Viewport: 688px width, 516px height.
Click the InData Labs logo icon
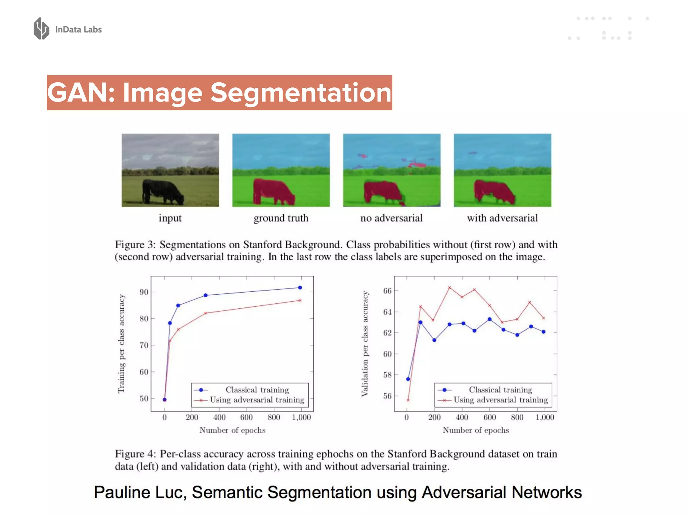pyautogui.click(x=41, y=29)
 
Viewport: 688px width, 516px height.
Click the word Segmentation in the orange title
pyautogui.click(x=301, y=93)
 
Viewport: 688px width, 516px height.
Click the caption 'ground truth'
pyautogui.click(x=281, y=218)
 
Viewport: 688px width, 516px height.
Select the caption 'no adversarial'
pyautogui.click(x=391, y=218)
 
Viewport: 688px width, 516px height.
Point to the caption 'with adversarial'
pyautogui.click(x=502, y=218)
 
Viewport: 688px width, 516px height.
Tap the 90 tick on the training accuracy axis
pyautogui.click(x=144, y=292)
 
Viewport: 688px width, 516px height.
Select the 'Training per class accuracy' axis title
pyautogui.click(x=121, y=343)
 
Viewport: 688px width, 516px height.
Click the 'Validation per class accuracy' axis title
pyautogui.click(x=364, y=343)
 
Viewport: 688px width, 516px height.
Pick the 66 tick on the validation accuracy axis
pyautogui.click(x=387, y=291)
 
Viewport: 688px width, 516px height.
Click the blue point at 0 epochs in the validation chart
pyautogui.click(x=408, y=379)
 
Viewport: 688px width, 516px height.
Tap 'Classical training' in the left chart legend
pyautogui.click(x=257, y=390)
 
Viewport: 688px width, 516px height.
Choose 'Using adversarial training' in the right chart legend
pyautogui.click(x=501, y=400)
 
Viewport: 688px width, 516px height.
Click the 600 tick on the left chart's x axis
pyautogui.click(x=246, y=417)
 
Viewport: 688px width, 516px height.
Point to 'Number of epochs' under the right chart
pyautogui.click(x=476, y=430)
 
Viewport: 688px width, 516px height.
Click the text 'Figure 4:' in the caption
pyautogui.click(x=135, y=454)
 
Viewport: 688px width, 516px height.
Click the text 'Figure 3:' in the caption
pyautogui.click(x=135, y=245)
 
